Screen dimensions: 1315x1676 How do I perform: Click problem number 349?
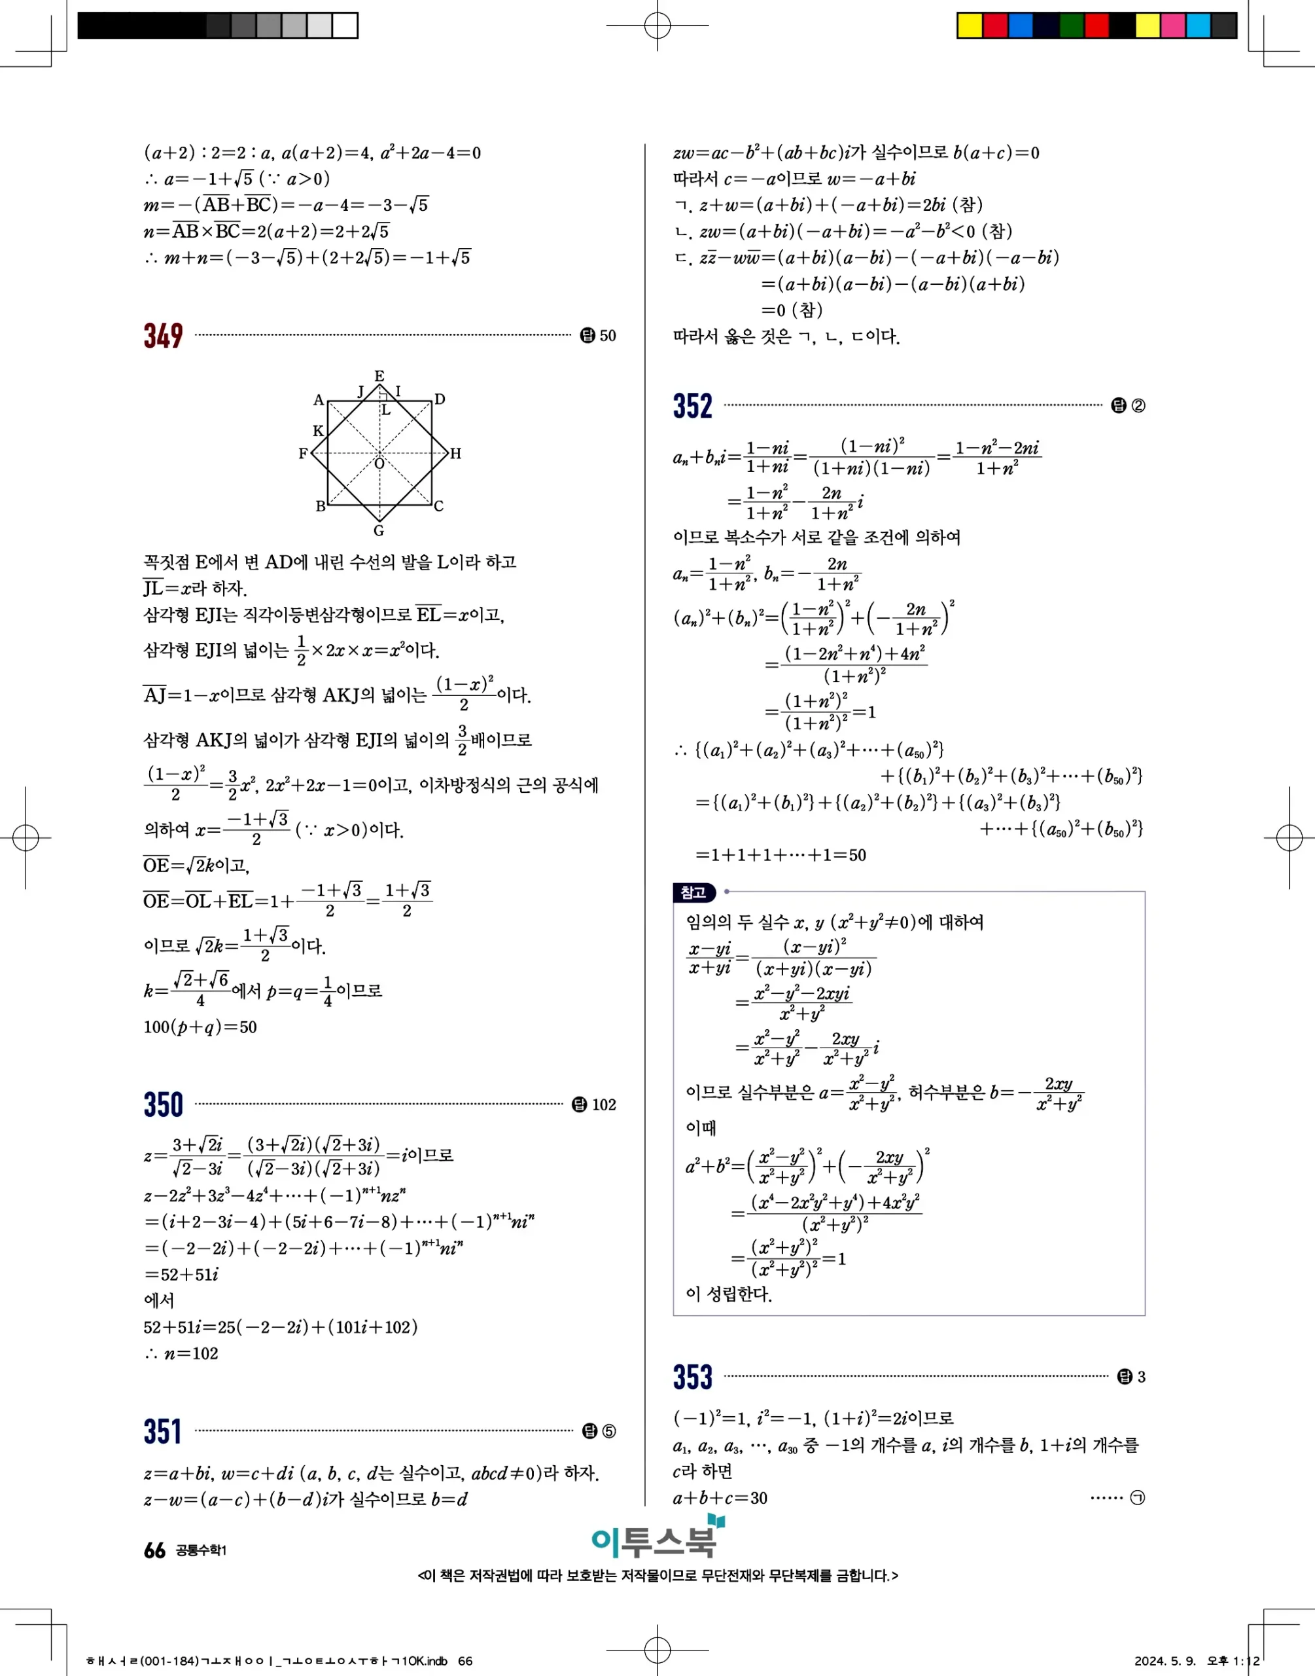pos(163,336)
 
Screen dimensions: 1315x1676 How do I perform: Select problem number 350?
pos(163,1104)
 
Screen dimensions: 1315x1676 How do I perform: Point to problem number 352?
pos(692,406)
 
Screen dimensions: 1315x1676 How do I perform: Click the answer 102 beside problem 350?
pos(604,1105)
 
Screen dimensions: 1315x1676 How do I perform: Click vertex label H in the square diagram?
pos(456,454)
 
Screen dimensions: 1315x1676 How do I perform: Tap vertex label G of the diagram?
pos(379,531)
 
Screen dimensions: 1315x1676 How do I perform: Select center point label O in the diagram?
pos(379,464)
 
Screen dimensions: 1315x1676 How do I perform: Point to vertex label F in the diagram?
pos(304,454)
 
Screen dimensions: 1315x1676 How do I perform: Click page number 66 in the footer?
pos(154,1550)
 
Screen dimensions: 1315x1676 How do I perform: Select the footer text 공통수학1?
pos(201,1550)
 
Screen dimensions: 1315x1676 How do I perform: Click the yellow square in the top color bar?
pos(970,26)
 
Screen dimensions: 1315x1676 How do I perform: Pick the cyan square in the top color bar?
pos(1198,26)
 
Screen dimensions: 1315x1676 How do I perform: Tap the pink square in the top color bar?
pos(1172,26)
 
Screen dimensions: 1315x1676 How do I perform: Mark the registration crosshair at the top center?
pos(657,26)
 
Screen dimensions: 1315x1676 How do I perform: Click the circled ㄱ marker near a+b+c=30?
pos(1137,1498)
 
